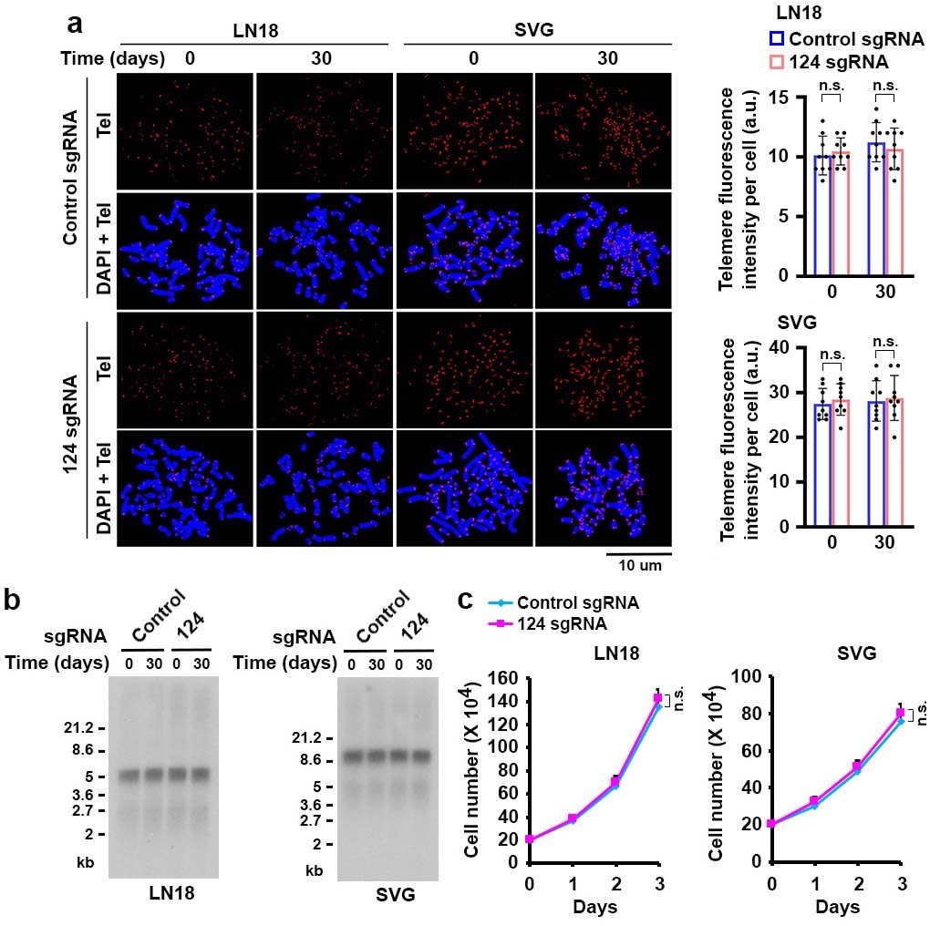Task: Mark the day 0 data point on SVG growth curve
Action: click(772, 824)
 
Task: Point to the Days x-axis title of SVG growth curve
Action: click(837, 908)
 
